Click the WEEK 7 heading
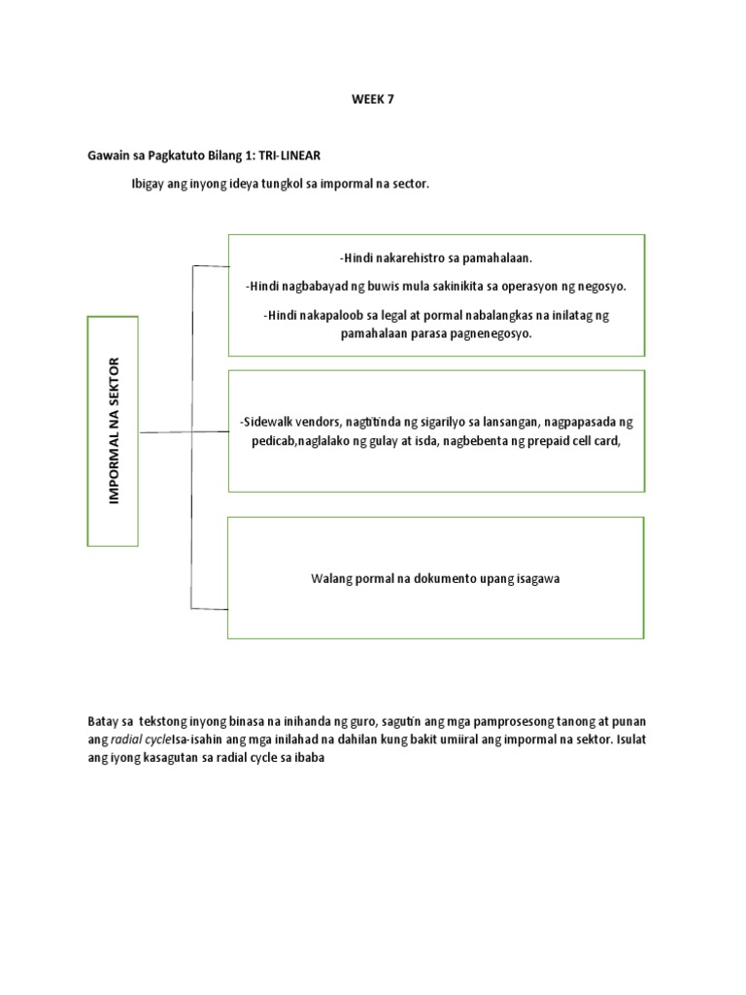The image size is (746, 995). coord(373,100)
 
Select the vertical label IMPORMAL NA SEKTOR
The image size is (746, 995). coord(115,429)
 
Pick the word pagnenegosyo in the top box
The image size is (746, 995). coord(492,332)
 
